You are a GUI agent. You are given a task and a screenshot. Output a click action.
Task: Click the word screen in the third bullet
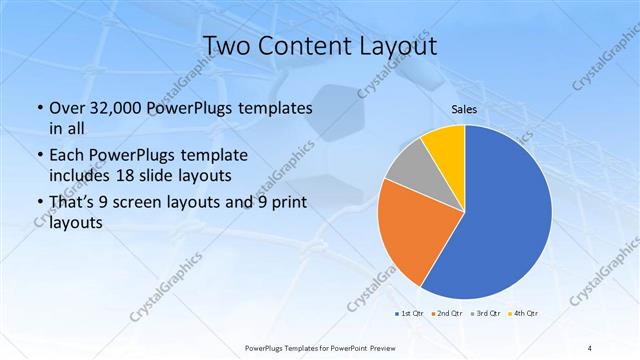point(141,205)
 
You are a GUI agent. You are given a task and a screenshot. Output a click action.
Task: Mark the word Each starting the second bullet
point(67,156)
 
